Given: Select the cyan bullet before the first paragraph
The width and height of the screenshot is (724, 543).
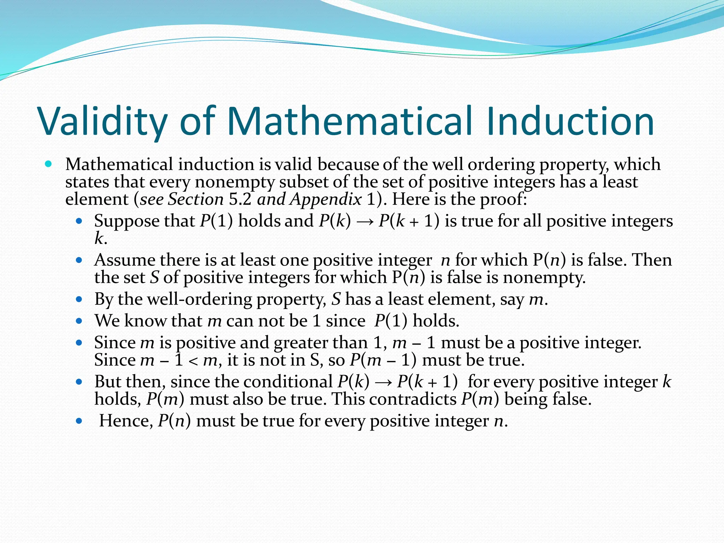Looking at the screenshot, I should [48, 164].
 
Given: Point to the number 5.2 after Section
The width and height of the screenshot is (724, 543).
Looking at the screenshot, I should [240, 199].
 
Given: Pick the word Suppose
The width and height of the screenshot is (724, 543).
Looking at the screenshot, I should [126, 221].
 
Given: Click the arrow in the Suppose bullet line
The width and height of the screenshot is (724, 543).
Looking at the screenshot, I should [365, 222].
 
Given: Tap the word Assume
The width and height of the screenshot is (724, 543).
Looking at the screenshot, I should [124, 260].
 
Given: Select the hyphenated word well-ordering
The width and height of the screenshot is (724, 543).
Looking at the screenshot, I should [199, 299].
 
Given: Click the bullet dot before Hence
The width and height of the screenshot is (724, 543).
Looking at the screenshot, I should [79, 421].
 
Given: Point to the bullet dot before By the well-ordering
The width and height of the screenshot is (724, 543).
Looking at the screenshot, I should [79, 299].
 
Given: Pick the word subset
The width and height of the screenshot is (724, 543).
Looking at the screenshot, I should [304, 182].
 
